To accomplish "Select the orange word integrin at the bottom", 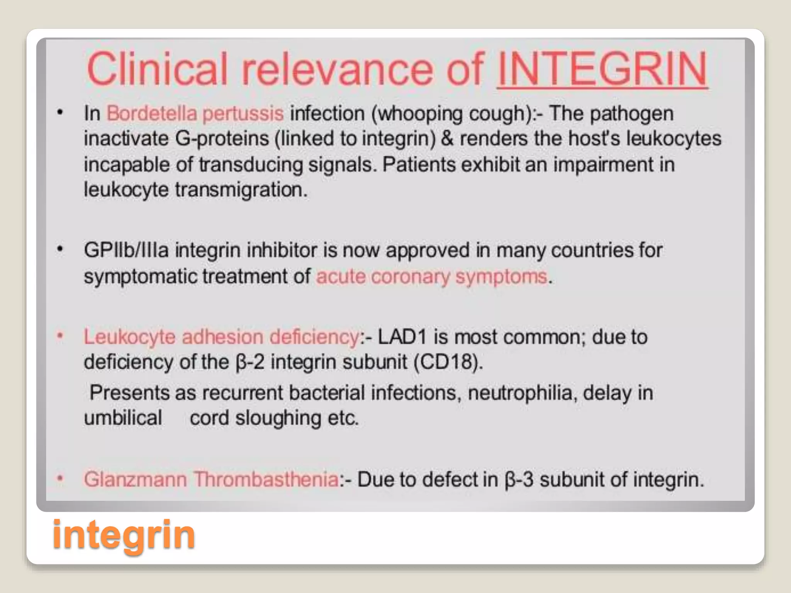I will tap(124, 534).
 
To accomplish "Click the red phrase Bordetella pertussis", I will tap(195, 114).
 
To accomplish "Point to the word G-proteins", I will tap(222, 139).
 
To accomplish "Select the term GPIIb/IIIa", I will tap(126, 250).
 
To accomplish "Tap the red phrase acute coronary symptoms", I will tap(431, 276).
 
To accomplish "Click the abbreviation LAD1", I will tap(402, 337).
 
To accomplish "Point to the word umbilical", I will tap(123, 418).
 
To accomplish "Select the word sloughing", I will tap(278, 418).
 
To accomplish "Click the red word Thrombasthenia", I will tap(266, 479).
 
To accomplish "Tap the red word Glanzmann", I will tap(135, 479).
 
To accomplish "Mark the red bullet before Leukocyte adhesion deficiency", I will tap(60, 336).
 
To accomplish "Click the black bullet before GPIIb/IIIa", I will tap(60, 249).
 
